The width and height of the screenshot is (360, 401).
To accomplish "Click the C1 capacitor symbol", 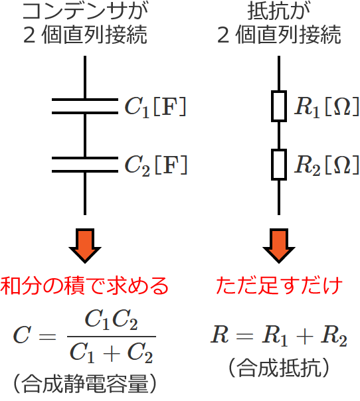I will (x=85, y=107).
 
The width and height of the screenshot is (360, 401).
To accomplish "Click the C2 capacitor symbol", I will (x=85, y=165).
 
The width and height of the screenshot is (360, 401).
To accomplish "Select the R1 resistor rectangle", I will (x=279, y=107).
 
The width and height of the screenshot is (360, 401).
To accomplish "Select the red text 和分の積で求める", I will (x=84, y=286).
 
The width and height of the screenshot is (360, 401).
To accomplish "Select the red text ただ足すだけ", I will (x=279, y=286).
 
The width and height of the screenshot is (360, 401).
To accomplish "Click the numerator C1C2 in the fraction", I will (x=111, y=321).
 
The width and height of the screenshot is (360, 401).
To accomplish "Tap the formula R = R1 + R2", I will (x=279, y=336).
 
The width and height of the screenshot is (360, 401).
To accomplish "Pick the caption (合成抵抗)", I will (x=279, y=366).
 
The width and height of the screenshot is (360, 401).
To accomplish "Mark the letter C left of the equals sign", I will (x=22, y=336).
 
